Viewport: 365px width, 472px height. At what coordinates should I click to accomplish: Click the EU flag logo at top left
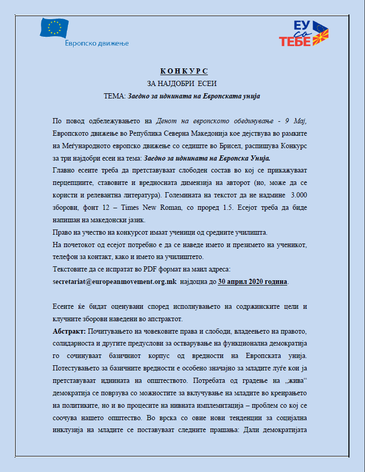pyautogui.click(x=54, y=27)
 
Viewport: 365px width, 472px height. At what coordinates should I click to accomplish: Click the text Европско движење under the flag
pyautogui.click(x=96, y=44)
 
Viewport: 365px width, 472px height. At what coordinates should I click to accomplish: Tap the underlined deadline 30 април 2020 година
pyautogui.click(x=252, y=282)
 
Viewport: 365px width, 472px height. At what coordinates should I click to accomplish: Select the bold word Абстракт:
pyautogui.click(x=70, y=331)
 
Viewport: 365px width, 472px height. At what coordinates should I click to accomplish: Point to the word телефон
pyautogui.click(x=66, y=257)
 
